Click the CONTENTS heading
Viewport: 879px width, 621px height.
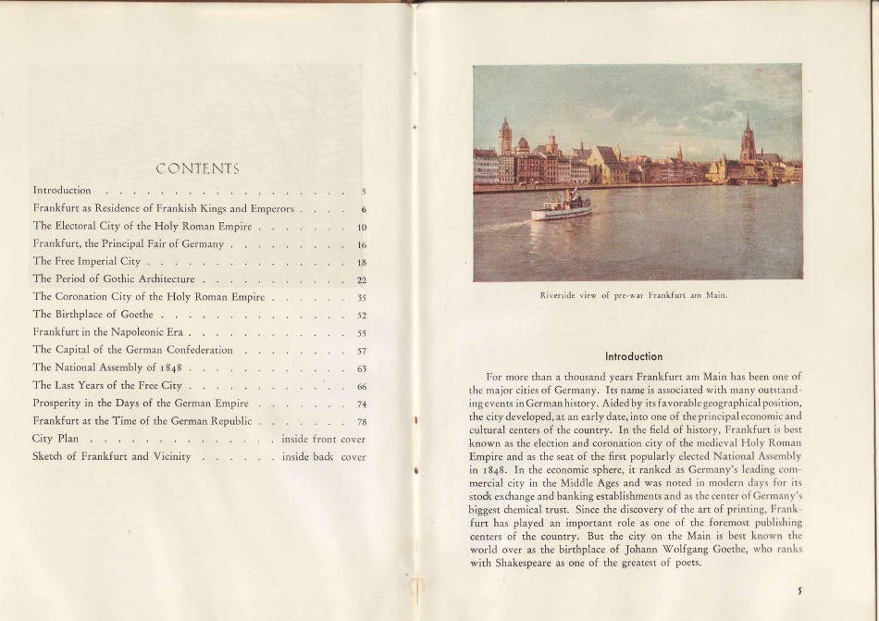coord(197,168)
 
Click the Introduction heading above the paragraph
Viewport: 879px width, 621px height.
coord(634,356)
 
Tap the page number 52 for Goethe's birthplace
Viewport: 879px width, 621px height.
coord(362,316)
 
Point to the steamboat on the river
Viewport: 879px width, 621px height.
coord(562,207)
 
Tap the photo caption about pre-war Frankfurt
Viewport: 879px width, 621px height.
coord(634,295)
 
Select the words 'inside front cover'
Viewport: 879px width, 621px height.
coord(323,439)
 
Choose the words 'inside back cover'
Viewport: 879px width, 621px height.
coord(323,456)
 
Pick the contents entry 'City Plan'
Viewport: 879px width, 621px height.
coord(56,439)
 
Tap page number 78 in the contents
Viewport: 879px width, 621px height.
coord(362,421)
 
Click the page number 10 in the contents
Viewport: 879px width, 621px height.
coord(362,227)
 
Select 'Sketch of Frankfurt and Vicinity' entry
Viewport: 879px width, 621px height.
coord(111,456)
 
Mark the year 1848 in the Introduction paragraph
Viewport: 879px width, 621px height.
coord(488,470)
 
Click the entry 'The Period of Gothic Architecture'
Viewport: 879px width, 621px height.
coord(113,279)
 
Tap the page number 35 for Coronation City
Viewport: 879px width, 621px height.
coord(362,298)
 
